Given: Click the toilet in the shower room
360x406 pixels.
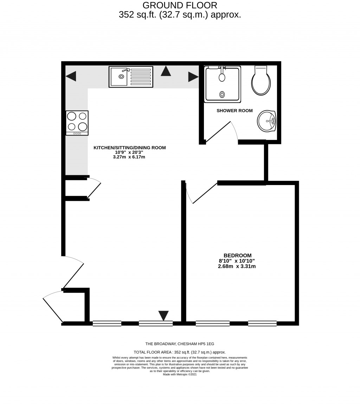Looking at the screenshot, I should [x=261, y=82].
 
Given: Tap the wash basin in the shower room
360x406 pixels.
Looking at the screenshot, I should [x=266, y=121].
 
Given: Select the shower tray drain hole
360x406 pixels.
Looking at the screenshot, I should [x=222, y=94].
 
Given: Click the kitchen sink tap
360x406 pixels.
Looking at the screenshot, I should [x=126, y=70].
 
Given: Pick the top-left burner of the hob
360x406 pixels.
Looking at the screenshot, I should [x=72, y=116].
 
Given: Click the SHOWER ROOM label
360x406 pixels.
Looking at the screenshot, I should [x=234, y=111].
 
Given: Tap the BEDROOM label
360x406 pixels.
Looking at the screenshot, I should [x=237, y=255].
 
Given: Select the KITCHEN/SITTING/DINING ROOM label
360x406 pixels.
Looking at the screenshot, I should [x=129, y=148].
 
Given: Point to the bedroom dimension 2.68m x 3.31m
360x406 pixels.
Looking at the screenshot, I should [x=237, y=266].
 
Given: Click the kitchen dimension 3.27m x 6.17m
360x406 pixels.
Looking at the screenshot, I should [x=129, y=157].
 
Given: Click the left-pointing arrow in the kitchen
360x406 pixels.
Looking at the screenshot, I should [x=71, y=76].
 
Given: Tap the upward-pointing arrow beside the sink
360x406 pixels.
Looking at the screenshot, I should [x=166, y=71].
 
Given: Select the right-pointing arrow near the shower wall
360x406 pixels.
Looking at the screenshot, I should [x=193, y=77].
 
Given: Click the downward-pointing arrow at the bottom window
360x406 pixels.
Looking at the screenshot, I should [x=163, y=315].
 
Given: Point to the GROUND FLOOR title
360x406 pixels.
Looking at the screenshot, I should [x=180, y=5].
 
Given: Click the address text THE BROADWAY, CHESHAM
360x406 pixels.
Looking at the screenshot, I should [x=180, y=344].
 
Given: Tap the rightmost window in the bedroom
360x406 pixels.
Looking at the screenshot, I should [x=262, y=324].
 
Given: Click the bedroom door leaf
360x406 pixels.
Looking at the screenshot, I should [x=205, y=193].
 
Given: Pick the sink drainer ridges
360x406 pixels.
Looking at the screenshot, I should [x=141, y=77].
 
